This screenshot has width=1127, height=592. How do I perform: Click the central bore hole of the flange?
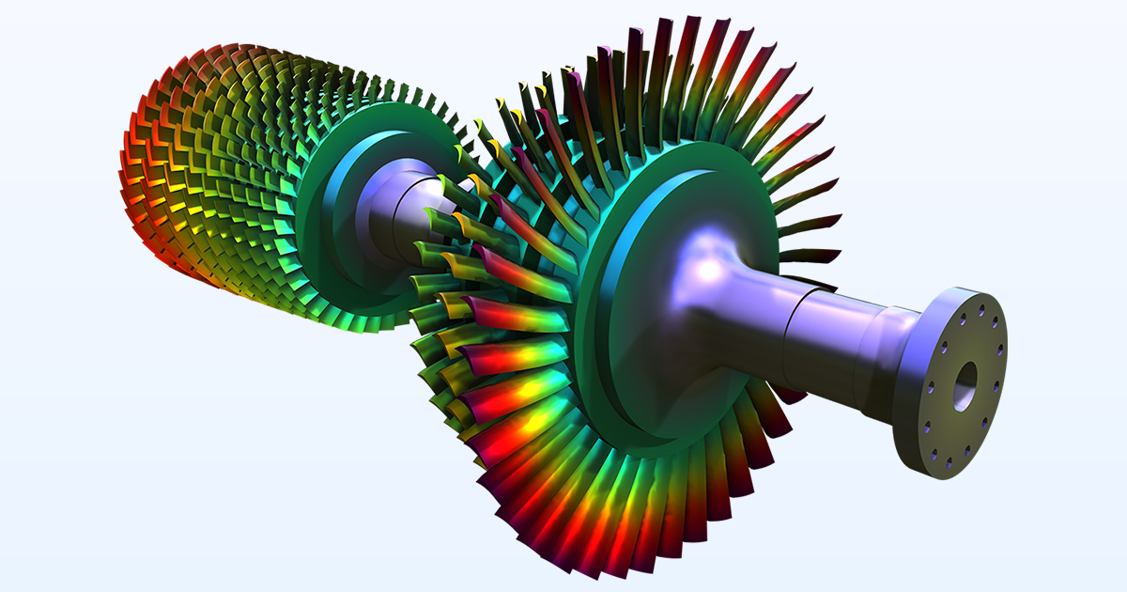click(965, 382)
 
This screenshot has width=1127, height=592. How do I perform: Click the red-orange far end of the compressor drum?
click(141, 179)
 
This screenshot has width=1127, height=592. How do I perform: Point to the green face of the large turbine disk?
click(657, 395)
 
